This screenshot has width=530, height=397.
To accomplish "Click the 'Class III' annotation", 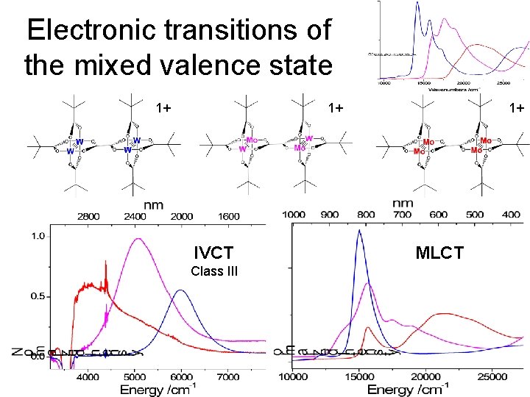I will coord(213,271).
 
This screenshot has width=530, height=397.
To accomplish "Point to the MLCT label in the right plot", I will coord(439,254).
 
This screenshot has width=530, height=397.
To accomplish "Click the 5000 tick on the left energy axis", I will coord(134,377).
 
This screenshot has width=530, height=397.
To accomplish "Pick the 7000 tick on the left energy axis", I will coord(229,377).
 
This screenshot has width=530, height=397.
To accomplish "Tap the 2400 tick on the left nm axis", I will coord(135,217).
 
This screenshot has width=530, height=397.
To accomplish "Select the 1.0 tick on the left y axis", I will coord(37,236).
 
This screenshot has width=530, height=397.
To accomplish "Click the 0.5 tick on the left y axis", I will coord(37,296).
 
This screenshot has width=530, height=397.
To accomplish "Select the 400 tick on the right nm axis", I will coord(510,215).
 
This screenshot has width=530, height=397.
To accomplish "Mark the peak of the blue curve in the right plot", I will coord(359,231).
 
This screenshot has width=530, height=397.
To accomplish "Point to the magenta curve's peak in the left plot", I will coord(138,239).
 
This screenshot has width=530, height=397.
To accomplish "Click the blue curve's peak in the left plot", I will coord(180,291).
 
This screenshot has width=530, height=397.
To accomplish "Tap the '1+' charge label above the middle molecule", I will coord(336,108).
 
